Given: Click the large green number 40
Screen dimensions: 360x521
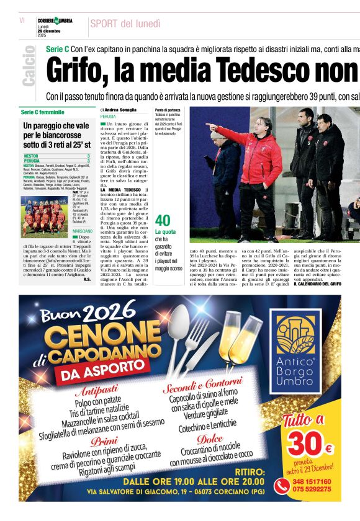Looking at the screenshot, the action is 163,221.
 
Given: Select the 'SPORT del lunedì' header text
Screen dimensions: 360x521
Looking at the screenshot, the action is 125,24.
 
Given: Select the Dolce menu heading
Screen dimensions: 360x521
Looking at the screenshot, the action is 210,439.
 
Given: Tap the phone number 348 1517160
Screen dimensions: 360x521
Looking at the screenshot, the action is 313,481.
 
